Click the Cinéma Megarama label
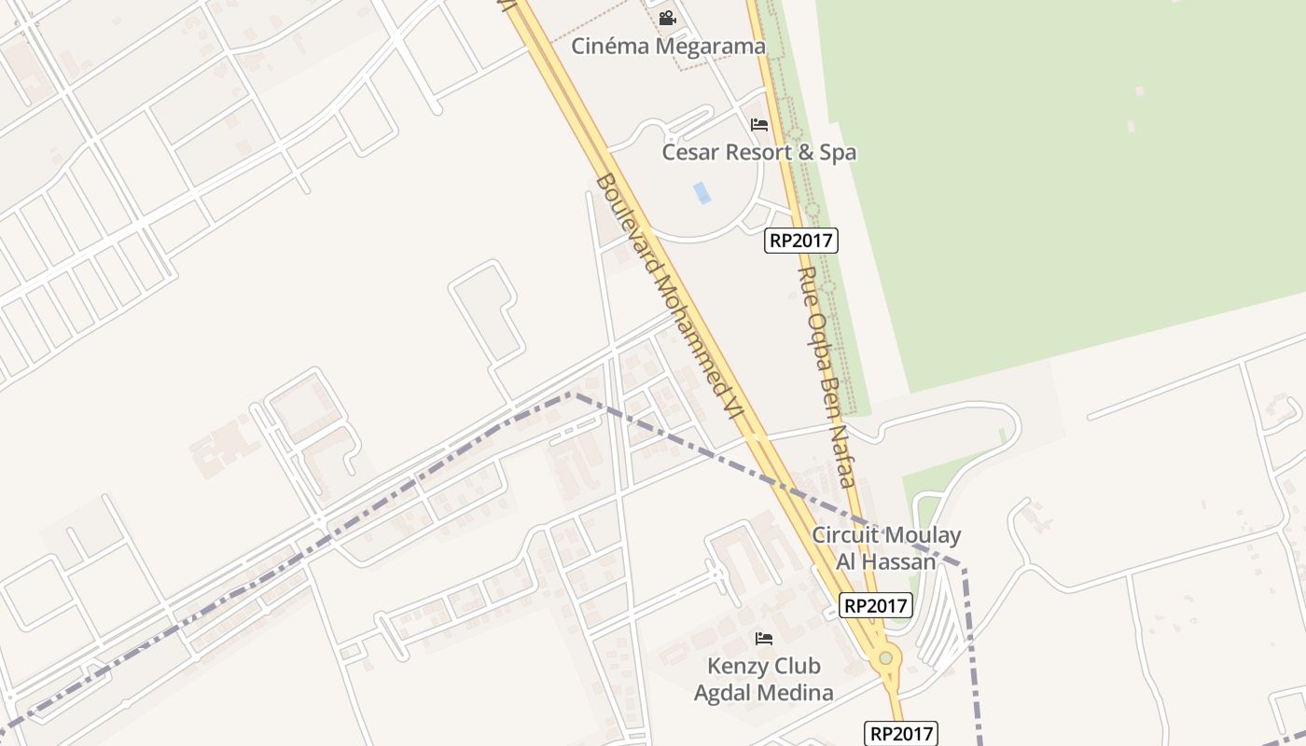point(668,46)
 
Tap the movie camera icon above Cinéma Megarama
point(667,18)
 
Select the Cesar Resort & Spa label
point(758,152)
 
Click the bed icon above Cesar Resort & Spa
point(759,124)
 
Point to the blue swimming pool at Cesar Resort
point(702,193)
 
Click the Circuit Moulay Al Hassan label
point(886,548)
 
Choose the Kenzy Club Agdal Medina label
point(763,679)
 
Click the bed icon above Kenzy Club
point(764,639)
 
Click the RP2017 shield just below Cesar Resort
point(802,241)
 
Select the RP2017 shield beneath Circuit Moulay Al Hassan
point(875,605)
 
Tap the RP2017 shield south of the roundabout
point(900,734)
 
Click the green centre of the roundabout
point(885,658)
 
